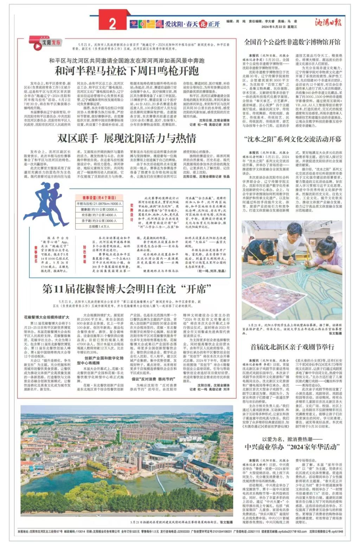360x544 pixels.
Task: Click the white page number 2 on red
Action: point(112,24)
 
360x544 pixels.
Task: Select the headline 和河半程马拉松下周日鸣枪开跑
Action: point(126,71)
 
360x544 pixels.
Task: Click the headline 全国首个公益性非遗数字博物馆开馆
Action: point(292,42)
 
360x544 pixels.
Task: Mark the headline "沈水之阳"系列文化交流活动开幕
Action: point(292,139)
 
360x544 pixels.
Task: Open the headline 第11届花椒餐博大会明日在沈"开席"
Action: point(126,289)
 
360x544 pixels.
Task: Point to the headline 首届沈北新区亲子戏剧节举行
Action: point(292,347)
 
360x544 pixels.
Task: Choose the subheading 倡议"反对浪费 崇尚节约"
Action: point(148,379)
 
